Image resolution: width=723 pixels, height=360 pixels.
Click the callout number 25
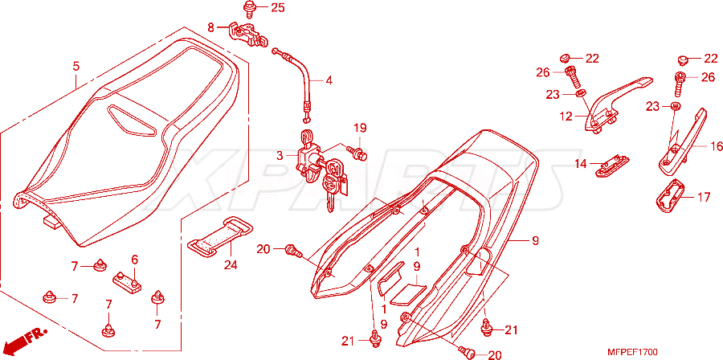[278, 7]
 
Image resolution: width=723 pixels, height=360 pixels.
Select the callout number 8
[210, 27]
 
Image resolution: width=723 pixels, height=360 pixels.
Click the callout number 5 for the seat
[76, 67]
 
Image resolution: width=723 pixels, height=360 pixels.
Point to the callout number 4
[329, 80]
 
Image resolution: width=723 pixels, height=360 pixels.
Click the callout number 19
[360, 128]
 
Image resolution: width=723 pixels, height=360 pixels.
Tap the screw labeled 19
[358, 153]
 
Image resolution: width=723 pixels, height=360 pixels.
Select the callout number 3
[280, 156]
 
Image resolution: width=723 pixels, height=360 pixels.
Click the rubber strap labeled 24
[220, 239]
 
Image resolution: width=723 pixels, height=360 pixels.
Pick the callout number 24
[231, 265]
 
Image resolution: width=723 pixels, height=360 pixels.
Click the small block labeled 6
[127, 282]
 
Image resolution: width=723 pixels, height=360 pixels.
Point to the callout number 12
[566, 117]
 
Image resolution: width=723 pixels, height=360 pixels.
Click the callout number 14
[581, 164]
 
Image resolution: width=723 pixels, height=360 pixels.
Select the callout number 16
[716, 146]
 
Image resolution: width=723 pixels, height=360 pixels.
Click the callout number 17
[704, 198]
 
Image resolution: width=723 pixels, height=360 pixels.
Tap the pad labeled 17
[670, 196]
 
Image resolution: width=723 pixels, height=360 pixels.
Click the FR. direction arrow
[26, 340]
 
